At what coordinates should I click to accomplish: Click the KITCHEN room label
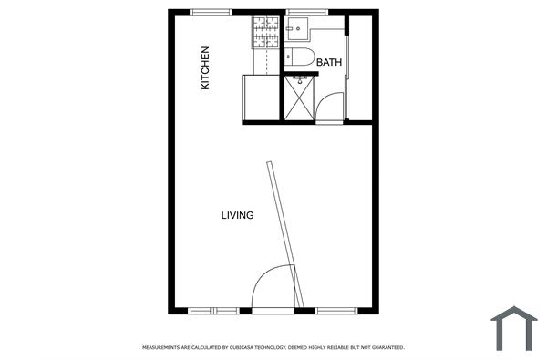click(x=206, y=68)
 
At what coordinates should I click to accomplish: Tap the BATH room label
click(x=329, y=63)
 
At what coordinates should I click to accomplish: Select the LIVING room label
click(x=237, y=216)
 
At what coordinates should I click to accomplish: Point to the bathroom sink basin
click(x=295, y=30)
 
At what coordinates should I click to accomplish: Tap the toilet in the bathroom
click(x=300, y=58)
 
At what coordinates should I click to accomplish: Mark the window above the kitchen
click(x=212, y=12)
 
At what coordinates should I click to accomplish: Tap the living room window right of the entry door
click(x=337, y=311)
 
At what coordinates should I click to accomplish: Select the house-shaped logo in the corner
click(x=514, y=327)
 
